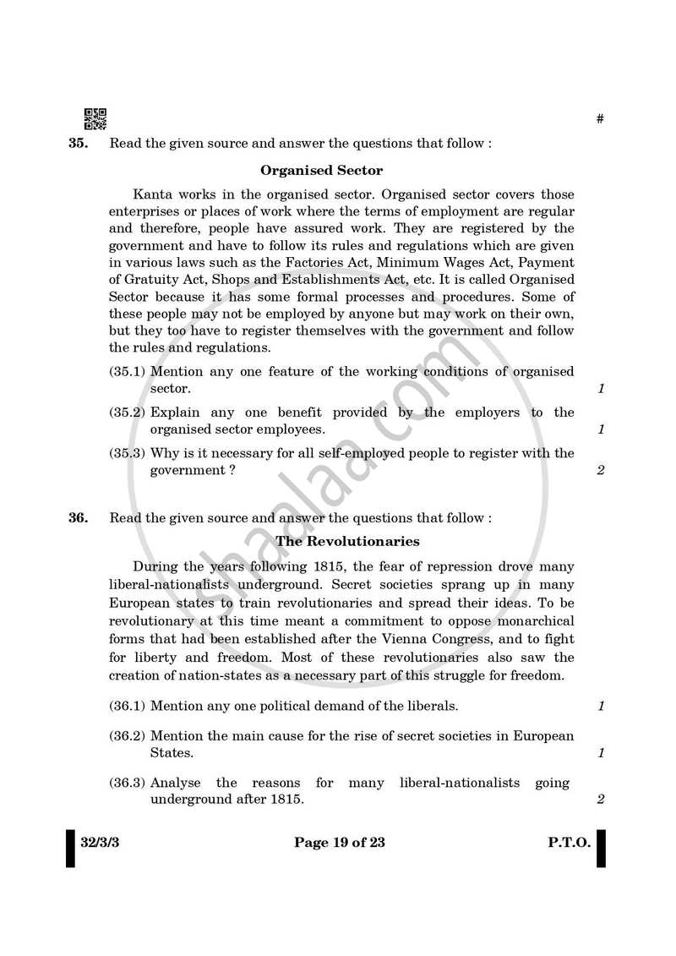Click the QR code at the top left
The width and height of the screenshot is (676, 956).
95,119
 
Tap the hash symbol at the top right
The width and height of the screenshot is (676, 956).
600,119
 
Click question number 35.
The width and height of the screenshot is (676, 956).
78,144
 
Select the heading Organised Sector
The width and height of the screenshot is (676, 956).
321,171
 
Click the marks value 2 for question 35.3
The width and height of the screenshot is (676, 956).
601,471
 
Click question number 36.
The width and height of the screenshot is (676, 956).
78,518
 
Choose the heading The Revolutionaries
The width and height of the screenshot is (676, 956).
347,541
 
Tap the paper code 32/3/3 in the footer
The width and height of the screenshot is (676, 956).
100,842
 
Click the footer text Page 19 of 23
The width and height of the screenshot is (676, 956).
340,842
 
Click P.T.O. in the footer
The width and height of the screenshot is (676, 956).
569,842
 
